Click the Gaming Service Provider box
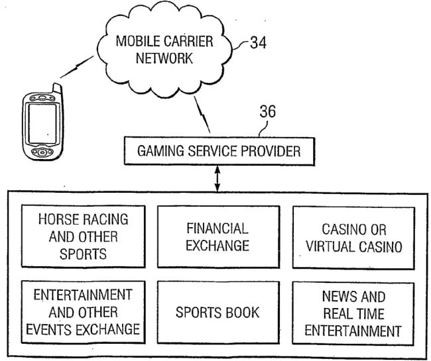pos(219,152)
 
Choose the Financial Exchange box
pos(217,237)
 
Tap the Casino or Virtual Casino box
pos(353,237)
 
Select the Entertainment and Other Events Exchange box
pos(82,311)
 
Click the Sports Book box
pos(217,313)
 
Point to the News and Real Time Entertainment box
pos(353,313)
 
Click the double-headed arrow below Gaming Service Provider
pos(217,179)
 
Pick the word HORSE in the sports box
pos(57,219)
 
